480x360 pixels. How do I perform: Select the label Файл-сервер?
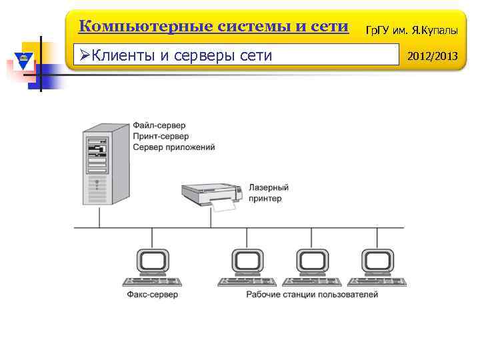(159, 125)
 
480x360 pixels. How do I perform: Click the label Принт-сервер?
(161, 136)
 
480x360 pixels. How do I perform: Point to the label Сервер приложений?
(174, 147)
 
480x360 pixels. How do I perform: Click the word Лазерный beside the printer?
(269, 188)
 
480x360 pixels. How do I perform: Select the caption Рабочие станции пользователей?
(312, 294)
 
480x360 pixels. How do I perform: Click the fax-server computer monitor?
(152, 260)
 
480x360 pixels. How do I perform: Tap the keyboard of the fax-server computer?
(152, 281)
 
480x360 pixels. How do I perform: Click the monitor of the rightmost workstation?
(377, 260)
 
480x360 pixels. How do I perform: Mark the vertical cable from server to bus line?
(100, 216)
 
